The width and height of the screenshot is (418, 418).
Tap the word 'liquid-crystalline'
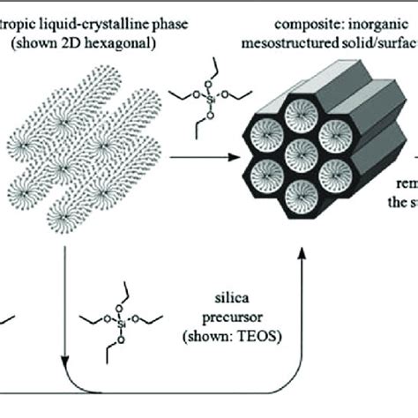click(x=96, y=8)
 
